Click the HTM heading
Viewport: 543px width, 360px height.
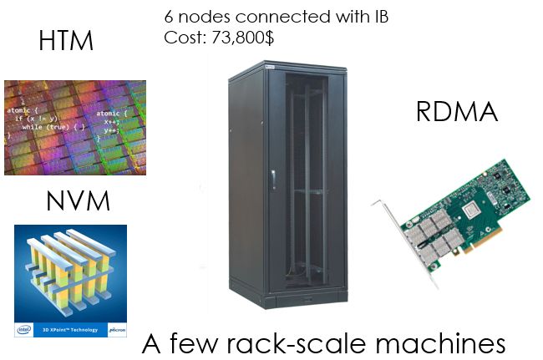point(66,40)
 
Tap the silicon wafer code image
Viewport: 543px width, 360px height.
point(74,128)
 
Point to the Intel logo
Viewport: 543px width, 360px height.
point(24,330)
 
